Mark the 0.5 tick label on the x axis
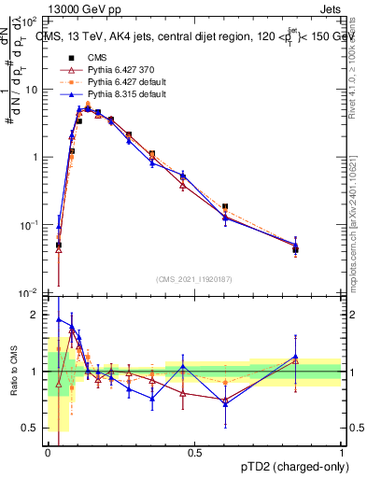click(x=194, y=453)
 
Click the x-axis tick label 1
click(x=341, y=453)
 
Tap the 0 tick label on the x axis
click(x=48, y=453)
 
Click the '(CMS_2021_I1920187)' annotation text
click(x=193, y=279)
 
